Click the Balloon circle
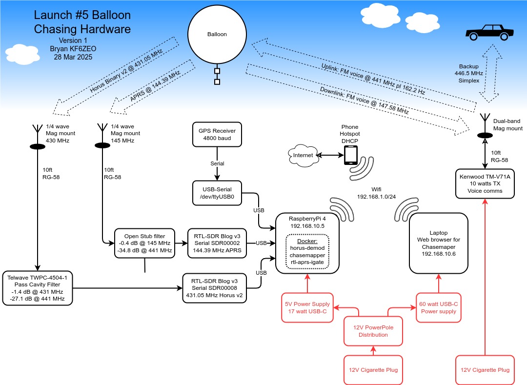click(x=217, y=34)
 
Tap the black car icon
click(x=489, y=33)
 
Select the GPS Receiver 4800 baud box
click(x=217, y=134)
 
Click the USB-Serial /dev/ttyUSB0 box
click(x=217, y=193)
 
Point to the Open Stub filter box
click(x=144, y=243)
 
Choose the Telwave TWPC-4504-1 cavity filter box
click(x=37, y=288)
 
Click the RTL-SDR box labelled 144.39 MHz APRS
click(x=217, y=243)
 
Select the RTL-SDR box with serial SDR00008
click(x=214, y=288)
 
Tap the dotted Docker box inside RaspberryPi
click(x=307, y=252)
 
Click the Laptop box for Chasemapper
click(x=439, y=243)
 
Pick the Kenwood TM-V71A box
click(x=485, y=184)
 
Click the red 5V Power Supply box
click(x=307, y=308)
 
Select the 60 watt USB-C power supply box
click(x=439, y=308)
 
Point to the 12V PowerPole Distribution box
click(x=373, y=331)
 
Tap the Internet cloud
click(x=303, y=155)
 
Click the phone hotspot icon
click(x=350, y=155)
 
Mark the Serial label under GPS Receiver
click(x=217, y=163)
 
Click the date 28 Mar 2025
click(x=73, y=57)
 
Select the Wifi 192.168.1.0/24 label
click(x=376, y=193)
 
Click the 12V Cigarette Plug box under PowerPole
click(x=373, y=370)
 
